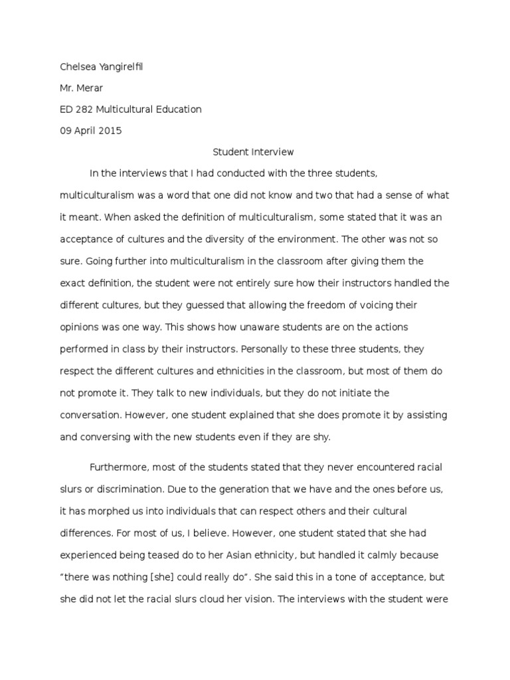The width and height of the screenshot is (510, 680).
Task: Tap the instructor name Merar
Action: click(92, 88)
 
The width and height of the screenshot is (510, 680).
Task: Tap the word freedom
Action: click(297, 305)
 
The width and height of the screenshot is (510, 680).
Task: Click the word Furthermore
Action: click(121, 467)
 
